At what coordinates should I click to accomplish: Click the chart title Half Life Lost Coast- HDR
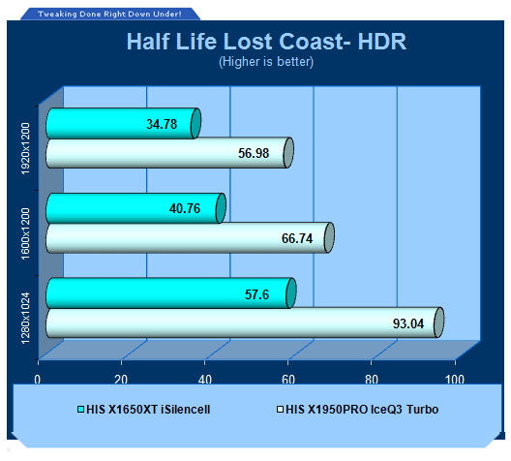click(266, 42)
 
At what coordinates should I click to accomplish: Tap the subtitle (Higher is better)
click(266, 62)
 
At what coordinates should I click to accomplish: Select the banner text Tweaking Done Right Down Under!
click(109, 14)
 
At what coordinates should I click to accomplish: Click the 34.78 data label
click(162, 124)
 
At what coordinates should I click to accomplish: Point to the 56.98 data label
click(254, 153)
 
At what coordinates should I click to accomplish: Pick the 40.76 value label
click(185, 208)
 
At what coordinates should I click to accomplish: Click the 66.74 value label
click(297, 238)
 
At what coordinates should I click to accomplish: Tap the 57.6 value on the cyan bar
click(256, 294)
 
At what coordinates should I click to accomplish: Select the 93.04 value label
click(408, 323)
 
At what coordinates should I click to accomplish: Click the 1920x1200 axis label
click(25, 149)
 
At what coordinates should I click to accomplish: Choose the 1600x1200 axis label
click(25, 233)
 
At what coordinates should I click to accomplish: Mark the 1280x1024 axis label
click(25, 319)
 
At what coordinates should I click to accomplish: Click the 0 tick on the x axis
click(38, 380)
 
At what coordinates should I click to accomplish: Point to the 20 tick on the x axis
click(121, 380)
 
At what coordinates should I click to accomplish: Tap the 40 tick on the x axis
click(204, 380)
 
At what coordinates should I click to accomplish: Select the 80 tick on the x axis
click(372, 380)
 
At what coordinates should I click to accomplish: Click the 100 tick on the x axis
click(455, 380)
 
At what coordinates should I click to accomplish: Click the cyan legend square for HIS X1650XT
click(81, 410)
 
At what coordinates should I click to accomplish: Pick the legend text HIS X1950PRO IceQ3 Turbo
click(362, 410)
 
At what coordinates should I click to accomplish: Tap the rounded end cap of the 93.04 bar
click(438, 323)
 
